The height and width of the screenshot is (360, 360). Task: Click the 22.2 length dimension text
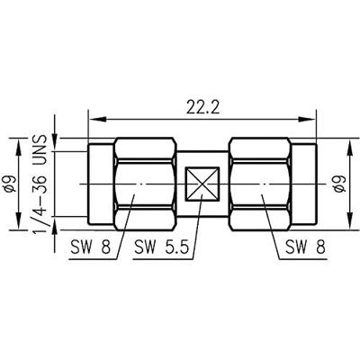tap(202, 108)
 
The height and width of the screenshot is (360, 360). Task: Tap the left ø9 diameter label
tap(13, 184)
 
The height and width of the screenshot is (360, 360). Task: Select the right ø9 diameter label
tap(341, 184)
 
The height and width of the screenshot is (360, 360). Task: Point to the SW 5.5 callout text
tap(161, 247)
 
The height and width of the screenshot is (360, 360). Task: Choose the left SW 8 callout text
tap(91, 247)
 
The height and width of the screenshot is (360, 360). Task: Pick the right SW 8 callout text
tap(305, 247)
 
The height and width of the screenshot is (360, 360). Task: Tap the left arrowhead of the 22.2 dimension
tap(98, 120)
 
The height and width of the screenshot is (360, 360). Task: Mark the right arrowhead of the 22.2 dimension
tap(307, 120)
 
